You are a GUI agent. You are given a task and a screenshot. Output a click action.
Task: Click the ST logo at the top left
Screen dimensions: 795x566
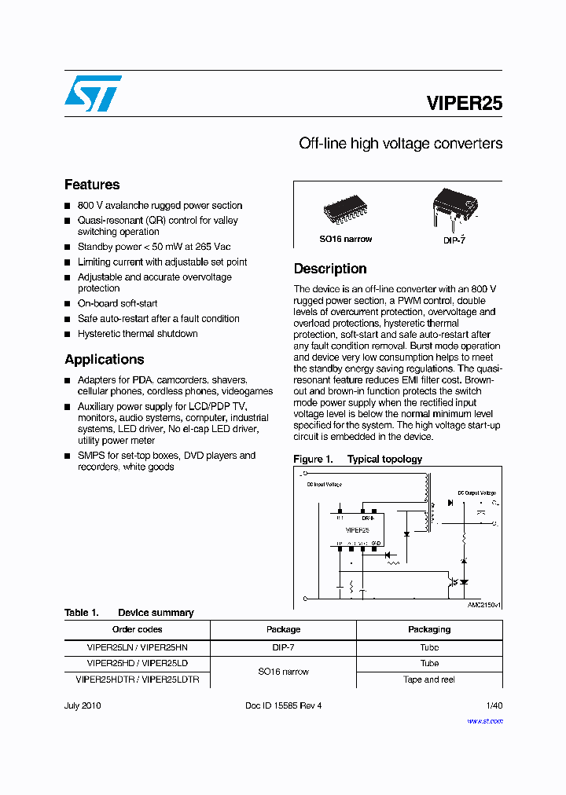93,93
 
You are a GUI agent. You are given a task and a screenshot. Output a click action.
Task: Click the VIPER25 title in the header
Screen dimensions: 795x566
464,103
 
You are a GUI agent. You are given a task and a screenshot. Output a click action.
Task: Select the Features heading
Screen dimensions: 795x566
92,185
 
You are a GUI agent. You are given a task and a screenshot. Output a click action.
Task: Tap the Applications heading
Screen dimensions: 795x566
104,359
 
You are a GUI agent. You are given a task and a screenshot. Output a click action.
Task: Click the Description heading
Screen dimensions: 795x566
330,269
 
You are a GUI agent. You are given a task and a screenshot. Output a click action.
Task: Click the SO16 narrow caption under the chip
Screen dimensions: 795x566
345,239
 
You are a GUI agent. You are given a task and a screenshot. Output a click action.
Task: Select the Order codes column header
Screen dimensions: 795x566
137,629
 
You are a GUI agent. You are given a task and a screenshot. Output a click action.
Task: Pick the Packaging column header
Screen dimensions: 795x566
429,629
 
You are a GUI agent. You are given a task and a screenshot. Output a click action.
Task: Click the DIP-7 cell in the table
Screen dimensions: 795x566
283,647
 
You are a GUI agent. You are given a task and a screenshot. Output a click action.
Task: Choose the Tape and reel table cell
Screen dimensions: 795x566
429,680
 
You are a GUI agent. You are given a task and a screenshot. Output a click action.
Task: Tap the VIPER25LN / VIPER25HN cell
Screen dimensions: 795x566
137,647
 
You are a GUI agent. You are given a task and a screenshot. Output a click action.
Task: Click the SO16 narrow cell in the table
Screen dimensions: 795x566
283,672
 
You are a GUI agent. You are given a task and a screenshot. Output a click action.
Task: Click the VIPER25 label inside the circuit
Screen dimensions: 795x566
357,529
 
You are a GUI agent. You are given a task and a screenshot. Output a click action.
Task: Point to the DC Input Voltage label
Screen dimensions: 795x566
324,485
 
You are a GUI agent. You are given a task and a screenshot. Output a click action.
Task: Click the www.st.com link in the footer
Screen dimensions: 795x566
484,720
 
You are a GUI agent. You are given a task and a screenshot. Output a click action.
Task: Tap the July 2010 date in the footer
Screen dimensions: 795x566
83,705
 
